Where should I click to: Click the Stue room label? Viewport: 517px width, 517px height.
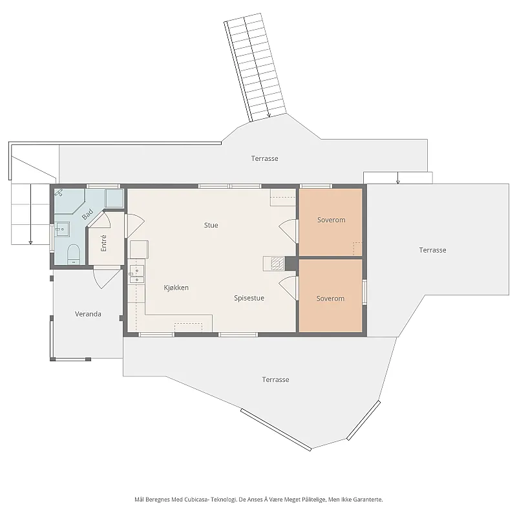tap(211, 225)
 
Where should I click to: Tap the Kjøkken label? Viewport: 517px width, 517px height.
tap(176, 288)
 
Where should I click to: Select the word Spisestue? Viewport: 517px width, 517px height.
tap(249, 298)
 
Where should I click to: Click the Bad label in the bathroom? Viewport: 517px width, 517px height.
tap(87, 215)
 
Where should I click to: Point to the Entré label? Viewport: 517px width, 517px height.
tap(103, 243)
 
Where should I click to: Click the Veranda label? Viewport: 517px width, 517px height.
tap(88, 314)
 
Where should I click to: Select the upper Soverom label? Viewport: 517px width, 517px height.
tap(331, 220)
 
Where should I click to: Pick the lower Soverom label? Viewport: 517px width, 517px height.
tap(330, 299)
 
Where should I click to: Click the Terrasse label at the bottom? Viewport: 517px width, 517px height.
tap(275, 379)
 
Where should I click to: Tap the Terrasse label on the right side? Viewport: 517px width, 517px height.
tap(432, 250)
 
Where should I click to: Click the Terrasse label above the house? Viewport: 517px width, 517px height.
tap(264, 158)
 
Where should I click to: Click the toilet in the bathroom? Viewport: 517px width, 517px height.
tap(74, 254)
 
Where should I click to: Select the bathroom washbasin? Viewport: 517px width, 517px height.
tap(61, 229)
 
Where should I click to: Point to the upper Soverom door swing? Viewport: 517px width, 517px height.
tap(288, 232)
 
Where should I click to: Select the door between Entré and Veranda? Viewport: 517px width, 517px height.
tap(107, 278)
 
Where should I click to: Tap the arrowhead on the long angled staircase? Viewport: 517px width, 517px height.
tap(269, 116)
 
